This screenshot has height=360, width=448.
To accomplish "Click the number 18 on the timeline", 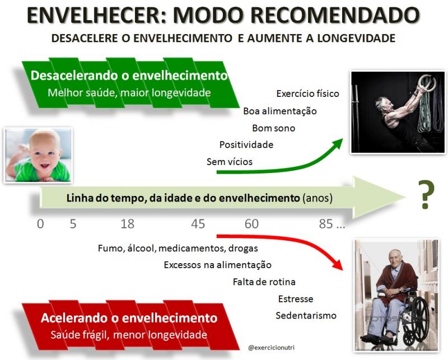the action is click(128, 224).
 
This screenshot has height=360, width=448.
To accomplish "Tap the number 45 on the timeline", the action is click(198, 224).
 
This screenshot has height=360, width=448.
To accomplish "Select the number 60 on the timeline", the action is click(251, 224).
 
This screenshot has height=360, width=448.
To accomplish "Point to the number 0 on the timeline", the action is click(40, 224).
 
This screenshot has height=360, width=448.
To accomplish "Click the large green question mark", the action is click(426, 194).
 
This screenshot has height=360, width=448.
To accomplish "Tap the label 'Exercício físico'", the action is click(307, 93).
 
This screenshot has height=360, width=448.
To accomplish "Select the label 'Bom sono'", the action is click(273, 128).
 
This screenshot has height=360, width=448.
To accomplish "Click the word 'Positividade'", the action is click(246, 144).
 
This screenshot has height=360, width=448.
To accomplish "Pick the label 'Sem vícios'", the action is click(230, 162).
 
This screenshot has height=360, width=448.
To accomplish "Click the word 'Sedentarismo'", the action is click(306, 315).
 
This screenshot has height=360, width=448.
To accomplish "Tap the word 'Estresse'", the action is click(296, 299).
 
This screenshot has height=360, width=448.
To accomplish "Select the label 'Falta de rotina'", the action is click(264, 282).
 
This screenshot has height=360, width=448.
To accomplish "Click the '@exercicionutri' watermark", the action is click(271, 348).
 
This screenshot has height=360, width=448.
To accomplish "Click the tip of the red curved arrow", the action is click(342, 269).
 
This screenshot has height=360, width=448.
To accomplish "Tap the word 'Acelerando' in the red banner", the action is click(76, 318).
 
